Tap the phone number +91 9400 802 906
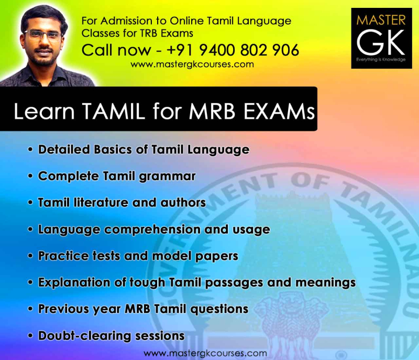click(x=234, y=50)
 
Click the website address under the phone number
click(x=192, y=64)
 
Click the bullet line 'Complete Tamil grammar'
click(x=117, y=176)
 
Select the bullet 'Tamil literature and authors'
click(x=122, y=202)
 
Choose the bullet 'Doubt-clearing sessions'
click(x=111, y=335)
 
